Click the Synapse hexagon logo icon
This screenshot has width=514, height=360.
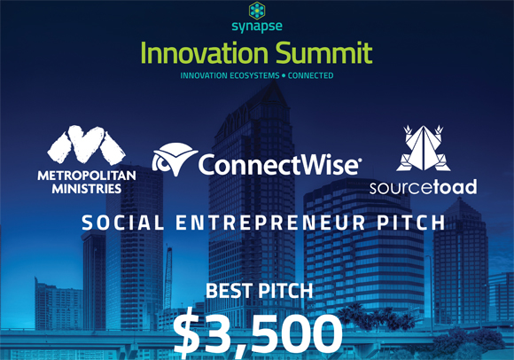coord(257,11)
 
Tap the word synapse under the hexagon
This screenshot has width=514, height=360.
coord(257,27)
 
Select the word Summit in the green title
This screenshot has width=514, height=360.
coord(323,53)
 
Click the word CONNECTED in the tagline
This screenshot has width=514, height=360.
coord(310,75)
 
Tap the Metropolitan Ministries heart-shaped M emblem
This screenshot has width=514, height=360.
coord(87,145)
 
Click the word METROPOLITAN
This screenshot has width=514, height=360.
coord(87,176)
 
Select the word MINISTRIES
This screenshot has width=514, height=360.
coord(87,189)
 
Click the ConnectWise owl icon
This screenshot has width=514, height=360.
coord(175,160)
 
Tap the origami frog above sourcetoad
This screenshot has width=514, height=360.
coord(424,148)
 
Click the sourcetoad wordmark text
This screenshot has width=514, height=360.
coord(424,187)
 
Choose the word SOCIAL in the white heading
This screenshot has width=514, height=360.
coord(122,223)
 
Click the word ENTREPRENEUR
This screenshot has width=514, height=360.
coord(270,223)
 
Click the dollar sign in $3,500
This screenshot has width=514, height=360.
coord(186,333)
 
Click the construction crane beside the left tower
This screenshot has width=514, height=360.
coord(167,277)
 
